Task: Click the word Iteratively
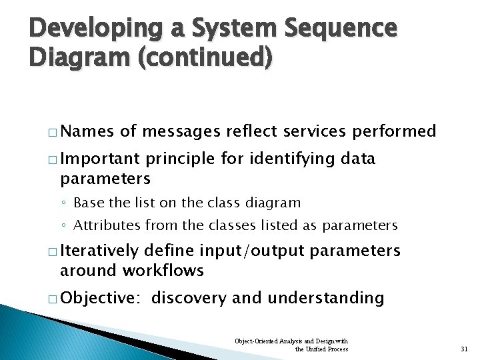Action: pyautogui.click(x=100, y=251)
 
